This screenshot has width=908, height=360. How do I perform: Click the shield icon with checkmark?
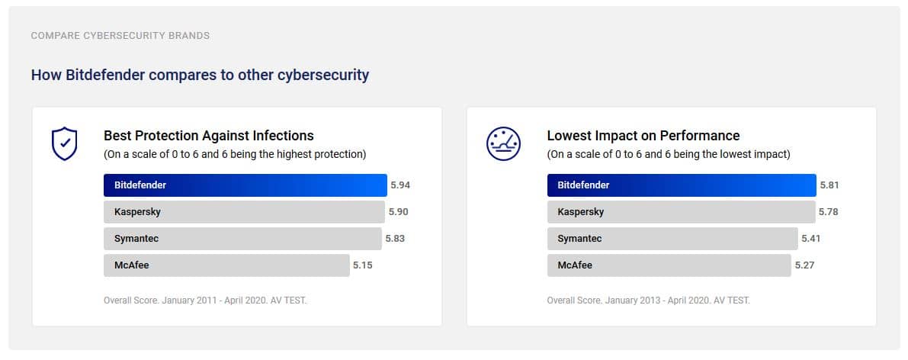point(64,143)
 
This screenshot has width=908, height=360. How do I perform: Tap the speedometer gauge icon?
point(503,143)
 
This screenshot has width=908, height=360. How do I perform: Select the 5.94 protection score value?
point(400,185)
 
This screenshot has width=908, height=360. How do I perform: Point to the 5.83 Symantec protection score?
point(395,239)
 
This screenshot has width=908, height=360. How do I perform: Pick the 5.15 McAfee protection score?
point(363,265)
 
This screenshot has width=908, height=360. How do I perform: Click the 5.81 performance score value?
point(829,185)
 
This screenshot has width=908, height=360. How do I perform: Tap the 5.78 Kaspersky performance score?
point(828,212)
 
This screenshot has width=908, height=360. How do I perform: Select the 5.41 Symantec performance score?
point(810,239)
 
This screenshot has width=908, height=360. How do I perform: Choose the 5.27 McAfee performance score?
point(804,265)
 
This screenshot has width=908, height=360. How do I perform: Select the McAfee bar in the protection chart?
point(226,265)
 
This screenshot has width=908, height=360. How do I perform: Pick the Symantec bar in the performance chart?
point(672,239)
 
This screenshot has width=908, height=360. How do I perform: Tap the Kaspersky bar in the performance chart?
point(681,212)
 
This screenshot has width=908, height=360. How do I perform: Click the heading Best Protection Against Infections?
point(209,136)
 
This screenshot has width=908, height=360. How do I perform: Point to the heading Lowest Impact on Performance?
point(643,136)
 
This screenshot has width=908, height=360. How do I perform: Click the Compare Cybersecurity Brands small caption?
point(120,36)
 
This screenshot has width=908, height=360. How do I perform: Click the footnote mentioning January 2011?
point(205,301)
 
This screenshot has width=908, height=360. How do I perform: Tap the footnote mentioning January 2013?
point(648,301)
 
